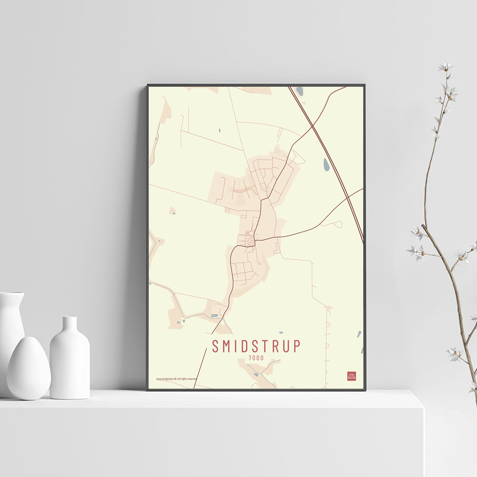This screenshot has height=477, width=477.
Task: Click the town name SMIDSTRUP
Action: click(256, 346)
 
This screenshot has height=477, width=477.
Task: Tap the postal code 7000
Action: click(256, 358)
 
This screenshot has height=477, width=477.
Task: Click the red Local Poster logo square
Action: click(352, 376)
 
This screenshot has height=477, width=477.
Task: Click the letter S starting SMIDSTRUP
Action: click(216, 346)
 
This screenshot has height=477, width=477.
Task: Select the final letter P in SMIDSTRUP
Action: click(297, 346)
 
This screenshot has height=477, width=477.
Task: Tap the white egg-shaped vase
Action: click(28, 368)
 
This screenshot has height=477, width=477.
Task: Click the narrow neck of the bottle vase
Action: click(70, 324)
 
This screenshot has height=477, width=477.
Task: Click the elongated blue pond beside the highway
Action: click(326, 165)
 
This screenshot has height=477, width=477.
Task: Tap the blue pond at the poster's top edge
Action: click(300, 90)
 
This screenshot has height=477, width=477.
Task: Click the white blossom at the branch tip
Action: click(446, 67)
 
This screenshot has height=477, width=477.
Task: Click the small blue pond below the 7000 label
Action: click(256, 374)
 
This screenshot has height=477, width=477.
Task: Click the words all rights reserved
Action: click(187, 379)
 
